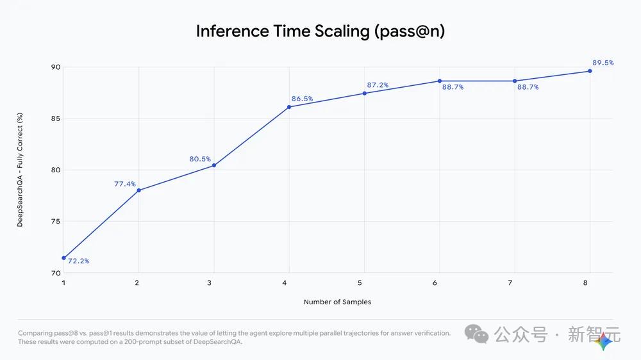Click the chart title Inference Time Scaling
(320, 31)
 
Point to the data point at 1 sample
(63, 258)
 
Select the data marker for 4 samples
(289, 107)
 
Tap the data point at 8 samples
(590, 71)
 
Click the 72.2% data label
(78, 261)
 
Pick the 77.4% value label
(125, 184)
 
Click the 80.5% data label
(200, 159)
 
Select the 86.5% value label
(302, 99)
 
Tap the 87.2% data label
(378, 85)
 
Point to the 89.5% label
(603, 63)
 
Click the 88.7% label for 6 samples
(453, 87)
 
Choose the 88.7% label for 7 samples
(528, 87)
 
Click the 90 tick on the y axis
(56, 67)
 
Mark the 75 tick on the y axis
(56, 222)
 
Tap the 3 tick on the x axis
(213, 282)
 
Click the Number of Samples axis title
(337, 302)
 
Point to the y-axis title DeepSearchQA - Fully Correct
(20, 170)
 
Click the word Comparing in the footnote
(36, 333)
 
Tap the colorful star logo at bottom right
(604, 342)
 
